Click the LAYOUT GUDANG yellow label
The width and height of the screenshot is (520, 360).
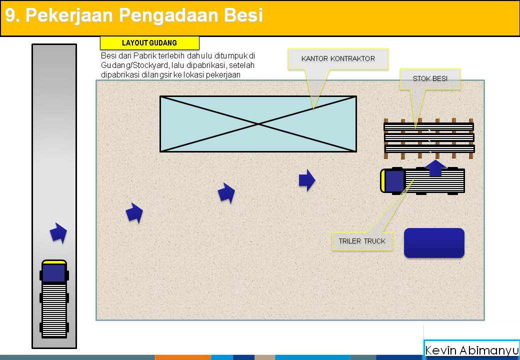tap(149, 43)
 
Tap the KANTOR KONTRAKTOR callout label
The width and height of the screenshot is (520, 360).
tap(338, 58)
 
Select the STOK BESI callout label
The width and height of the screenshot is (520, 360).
tap(430, 78)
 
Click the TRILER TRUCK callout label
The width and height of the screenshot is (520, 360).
tap(362, 241)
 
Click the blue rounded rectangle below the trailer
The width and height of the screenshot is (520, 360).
tap(434, 243)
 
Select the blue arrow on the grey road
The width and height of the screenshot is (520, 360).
tap(58, 233)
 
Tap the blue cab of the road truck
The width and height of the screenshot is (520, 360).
tap(54, 273)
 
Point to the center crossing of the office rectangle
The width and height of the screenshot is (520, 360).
tap(258, 123)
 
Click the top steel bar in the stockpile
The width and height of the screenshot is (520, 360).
tap(428, 126)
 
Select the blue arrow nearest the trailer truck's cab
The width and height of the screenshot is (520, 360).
tap(306, 180)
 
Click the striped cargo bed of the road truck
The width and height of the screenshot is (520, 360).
tap(54, 309)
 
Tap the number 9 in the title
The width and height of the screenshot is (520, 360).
tap(10, 15)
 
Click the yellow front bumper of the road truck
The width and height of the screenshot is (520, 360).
tap(54, 261)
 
